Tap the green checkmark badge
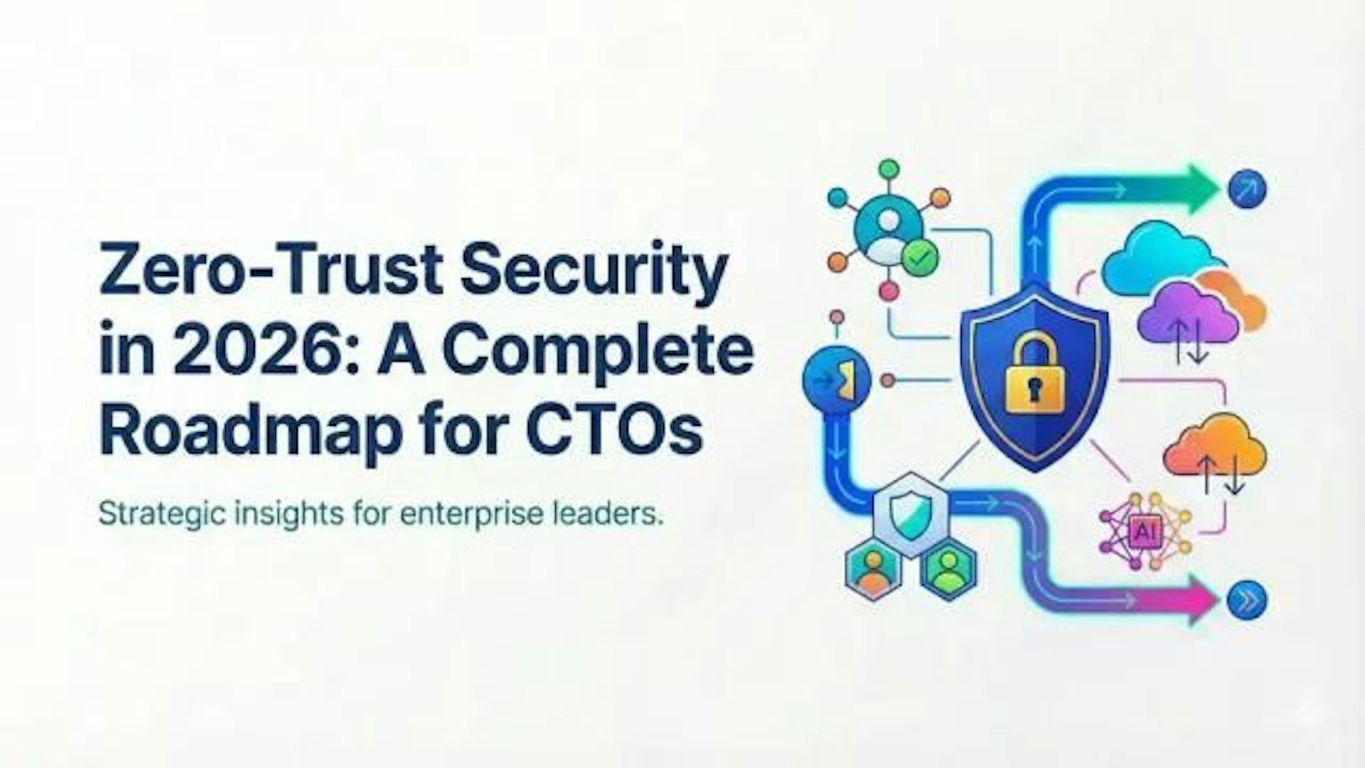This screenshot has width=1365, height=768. coord(919,257)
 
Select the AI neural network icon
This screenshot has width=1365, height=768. coord(1145,530)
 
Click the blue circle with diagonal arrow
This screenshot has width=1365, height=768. coord(1247,189)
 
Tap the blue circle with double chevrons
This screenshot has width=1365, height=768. coord(1247,601)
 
